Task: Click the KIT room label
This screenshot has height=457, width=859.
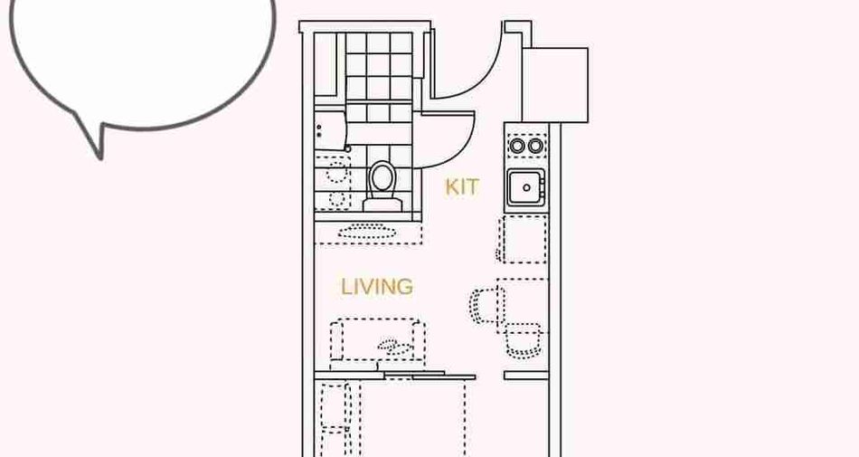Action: (x=461, y=186)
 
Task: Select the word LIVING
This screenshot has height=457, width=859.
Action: (x=377, y=287)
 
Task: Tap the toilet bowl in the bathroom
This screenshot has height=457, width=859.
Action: (x=382, y=178)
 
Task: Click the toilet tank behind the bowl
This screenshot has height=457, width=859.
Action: (x=382, y=205)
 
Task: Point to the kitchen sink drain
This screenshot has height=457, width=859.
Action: (x=526, y=188)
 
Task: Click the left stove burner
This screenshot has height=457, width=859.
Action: (x=516, y=146)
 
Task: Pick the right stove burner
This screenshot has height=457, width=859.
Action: (x=535, y=146)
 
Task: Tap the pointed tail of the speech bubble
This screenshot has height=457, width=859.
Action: (x=99, y=157)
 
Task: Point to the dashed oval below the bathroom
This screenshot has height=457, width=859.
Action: (x=366, y=231)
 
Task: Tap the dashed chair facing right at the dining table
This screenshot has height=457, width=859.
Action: (x=485, y=306)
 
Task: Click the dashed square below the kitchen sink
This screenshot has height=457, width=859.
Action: (x=524, y=239)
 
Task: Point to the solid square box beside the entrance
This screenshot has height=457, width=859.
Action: (x=555, y=85)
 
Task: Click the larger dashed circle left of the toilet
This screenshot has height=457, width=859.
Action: (x=337, y=172)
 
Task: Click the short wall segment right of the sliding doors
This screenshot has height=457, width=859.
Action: (x=526, y=376)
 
